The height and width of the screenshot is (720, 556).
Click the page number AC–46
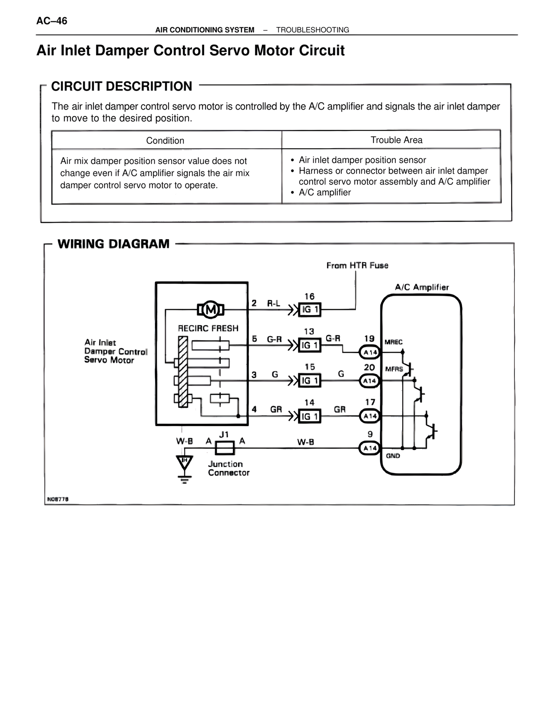(x=52, y=21)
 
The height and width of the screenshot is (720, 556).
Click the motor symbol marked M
(x=211, y=310)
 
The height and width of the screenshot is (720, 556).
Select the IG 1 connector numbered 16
(x=310, y=310)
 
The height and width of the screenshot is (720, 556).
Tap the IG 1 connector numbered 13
(x=310, y=345)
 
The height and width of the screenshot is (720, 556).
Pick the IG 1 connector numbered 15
(x=310, y=381)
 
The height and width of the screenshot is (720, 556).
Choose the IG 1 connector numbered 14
(x=310, y=417)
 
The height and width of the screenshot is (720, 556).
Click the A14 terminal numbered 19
(x=370, y=352)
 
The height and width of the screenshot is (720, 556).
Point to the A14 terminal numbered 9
(x=370, y=448)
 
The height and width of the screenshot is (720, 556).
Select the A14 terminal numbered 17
(x=370, y=416)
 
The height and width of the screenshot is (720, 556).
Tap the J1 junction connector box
(x=225, y=447)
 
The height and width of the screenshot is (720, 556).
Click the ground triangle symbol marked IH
(x=185, y=462)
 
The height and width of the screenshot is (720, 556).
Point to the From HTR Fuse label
(x=357, y=265)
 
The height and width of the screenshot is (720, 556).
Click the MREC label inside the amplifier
(x=394, y=342)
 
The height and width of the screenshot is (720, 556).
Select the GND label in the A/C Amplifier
(x=393, y=456)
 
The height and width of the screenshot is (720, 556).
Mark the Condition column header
(x=165, y=140)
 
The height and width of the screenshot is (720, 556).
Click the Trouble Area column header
(x=396, y=140)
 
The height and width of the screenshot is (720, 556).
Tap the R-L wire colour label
(x=273, y=303)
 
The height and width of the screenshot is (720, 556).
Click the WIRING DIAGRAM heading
(x=113, y=244)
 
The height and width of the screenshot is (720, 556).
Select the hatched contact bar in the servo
(x=183, y=373)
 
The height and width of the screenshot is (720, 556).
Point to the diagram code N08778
(x=58, y=499)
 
